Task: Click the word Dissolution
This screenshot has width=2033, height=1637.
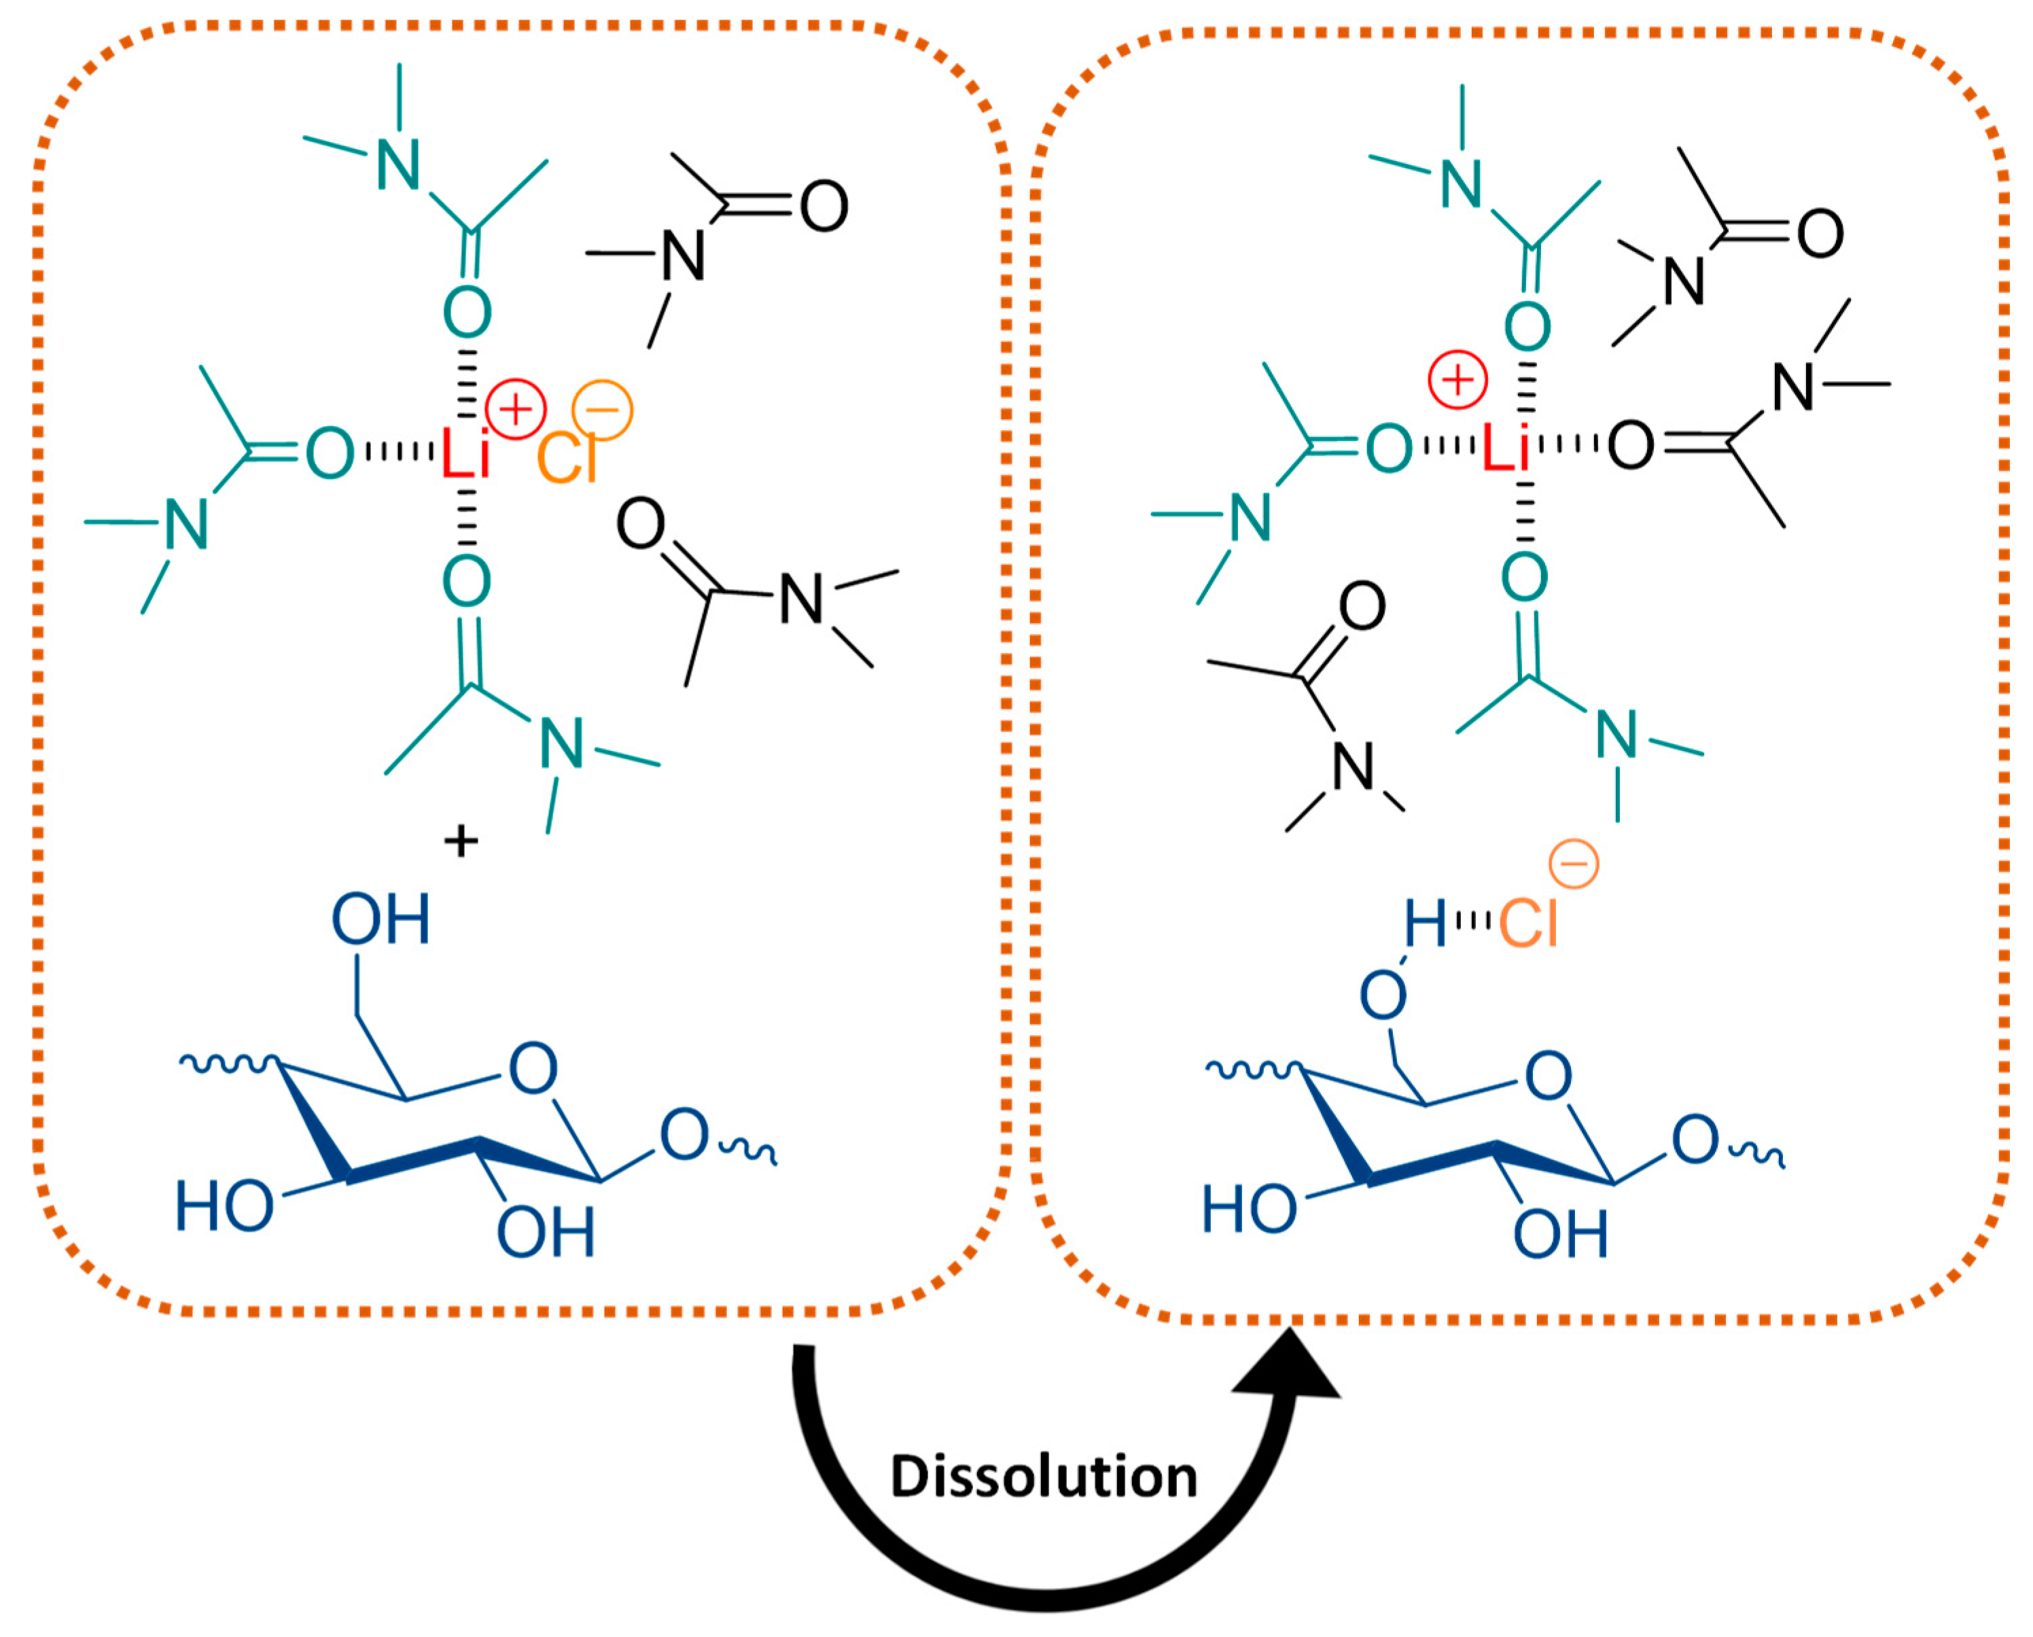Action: tap(1044, 1477)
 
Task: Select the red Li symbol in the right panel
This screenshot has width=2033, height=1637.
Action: tap(1505, 446)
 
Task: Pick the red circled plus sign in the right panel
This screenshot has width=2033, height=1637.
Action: tap(1457, 380)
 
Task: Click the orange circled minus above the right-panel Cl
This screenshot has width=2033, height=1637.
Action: tap(1574, 864)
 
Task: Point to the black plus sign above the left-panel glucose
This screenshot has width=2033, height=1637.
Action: tap(461, 840)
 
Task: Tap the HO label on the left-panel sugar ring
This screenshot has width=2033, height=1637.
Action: tap(224, 1207)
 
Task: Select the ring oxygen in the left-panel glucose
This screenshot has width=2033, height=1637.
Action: tap(533, 1068)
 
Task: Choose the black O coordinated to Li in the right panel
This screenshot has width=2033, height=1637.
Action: tap(1630, 446)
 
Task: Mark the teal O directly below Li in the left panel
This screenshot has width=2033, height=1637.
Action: tap(467, 581)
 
